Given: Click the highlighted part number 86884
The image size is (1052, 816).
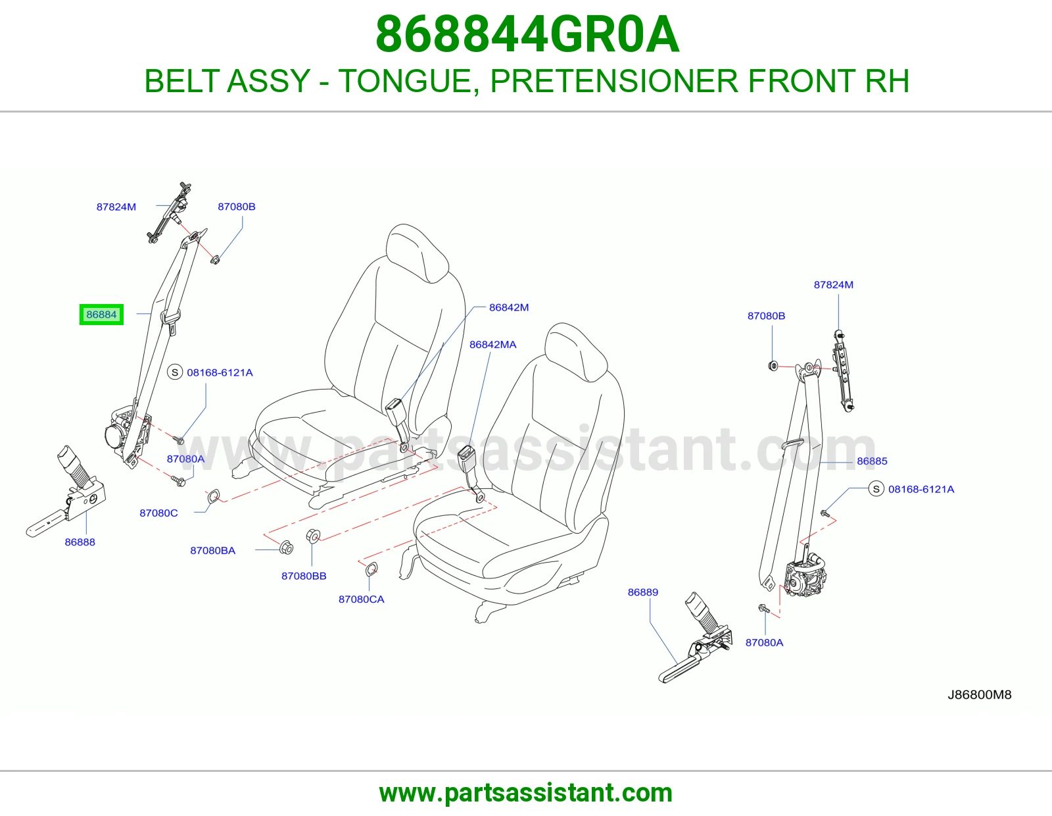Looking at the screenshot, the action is pyautogui.click(x=101, y=315).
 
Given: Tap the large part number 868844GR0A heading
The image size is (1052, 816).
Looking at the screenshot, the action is pyautogui.click(x=527, y=34).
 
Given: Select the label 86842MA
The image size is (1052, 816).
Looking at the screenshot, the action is pyautogui.click(x=493, y=345).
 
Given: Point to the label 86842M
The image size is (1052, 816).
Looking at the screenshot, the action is pyautogui.click(x=509, y=307).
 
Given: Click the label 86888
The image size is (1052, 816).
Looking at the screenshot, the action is pyautogui.click(x=80, y=542).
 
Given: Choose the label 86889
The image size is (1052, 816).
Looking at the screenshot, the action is pyautogui.click(x=643, y=592).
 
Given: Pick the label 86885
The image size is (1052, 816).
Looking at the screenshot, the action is pyautogui.click(x=872, y=461).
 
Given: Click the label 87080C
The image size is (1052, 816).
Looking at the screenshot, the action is pyautogui.click(x=159, y=513).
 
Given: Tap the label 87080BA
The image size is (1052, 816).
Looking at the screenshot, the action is pyautogui.click(x=212, y=550).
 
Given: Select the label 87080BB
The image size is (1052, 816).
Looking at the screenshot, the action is pyautogui.click(x=304, y=576).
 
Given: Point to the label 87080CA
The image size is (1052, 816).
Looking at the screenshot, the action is pyautogui.click(x=361, y=599).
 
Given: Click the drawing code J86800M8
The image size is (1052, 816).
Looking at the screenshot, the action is pyautogui.click(x=980, y=695).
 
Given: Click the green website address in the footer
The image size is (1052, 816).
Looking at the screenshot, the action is pyautogui.click(x=526, y=793).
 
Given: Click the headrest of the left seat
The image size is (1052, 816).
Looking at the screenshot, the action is pyautogui.click(x=418, y=253).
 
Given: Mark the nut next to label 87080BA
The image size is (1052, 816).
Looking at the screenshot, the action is pyautogui.click(x=287, y=548).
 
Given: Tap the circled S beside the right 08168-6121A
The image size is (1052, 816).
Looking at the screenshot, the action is pyautogui.click(x=876, y=489).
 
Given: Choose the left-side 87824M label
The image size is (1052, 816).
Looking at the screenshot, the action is pyautogui.click(x=116, y=207).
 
